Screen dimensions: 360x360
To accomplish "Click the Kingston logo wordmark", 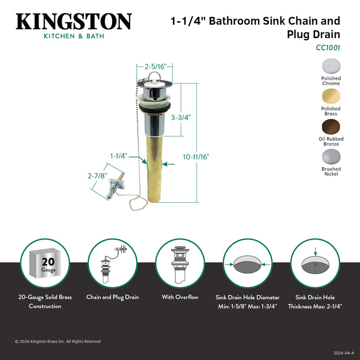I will [74, 22].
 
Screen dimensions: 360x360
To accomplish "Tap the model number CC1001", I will [328, 47].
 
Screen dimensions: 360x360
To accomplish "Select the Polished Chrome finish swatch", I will [331, 66].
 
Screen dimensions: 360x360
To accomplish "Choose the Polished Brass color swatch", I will [331, 96].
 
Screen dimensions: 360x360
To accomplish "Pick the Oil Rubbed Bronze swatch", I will [331, 126].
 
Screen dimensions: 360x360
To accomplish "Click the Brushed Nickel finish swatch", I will [331, 156].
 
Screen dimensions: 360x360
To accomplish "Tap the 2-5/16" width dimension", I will [154, 66].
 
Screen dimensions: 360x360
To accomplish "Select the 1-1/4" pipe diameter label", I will [118, 155].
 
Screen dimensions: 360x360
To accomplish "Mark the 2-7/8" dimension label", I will [98, 176].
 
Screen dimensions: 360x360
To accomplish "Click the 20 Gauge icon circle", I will [45, 263].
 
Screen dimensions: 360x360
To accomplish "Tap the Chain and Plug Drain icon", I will [112, 263].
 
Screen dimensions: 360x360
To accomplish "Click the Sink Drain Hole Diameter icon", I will [247, 263].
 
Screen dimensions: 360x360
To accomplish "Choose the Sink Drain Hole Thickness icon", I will [315, 263].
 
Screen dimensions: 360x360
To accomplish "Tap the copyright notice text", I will [58, 341].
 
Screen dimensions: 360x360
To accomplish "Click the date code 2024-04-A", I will [344, 353].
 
